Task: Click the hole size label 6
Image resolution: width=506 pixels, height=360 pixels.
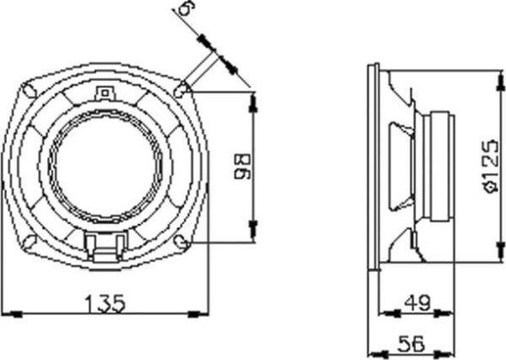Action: (182, 9)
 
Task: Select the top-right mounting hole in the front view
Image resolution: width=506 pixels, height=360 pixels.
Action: (183, 88)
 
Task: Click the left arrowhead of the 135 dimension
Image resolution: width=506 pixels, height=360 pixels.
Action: (7, 312)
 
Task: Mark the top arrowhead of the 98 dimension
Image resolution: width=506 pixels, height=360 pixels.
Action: (252, 96)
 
